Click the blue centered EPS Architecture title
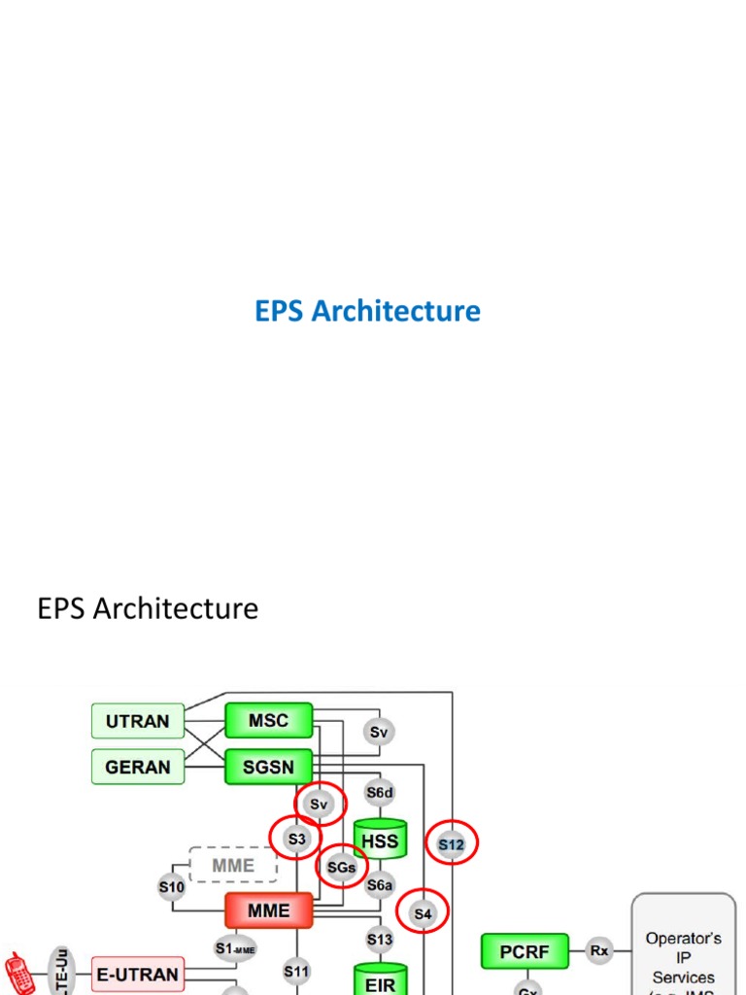coord(367,311)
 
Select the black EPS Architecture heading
coord(148,609)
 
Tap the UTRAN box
coord(137,721)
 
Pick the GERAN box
coord(137,767)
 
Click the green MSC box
coord(269,720)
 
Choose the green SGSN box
coord(269,767)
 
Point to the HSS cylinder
coord(380,841)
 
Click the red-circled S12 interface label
coord(452,844)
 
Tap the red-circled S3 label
coord(296,839)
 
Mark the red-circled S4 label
coord(423,913)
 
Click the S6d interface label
coord(380,793)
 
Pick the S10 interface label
coord(172,886)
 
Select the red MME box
coord(269,910)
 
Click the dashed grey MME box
coord(234,865)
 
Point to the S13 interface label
coord(380,939)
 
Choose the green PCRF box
coord(524,950)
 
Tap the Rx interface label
coord(599,950)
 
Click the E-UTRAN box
coord(137,973)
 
